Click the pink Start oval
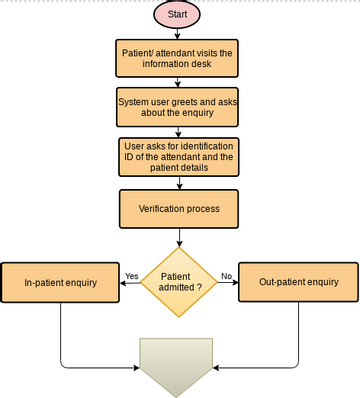pos(179,15)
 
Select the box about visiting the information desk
pos(179,59)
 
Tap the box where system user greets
pos(179,107)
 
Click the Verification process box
pos(179,209)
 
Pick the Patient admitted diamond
pos(179,282)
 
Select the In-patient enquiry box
pos(61,282)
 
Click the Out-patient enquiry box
pos(298,282)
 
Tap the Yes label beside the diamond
pos(132,275)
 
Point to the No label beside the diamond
pos(226,275)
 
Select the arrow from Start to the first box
pos(179,35)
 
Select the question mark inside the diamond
pos(198,288)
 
